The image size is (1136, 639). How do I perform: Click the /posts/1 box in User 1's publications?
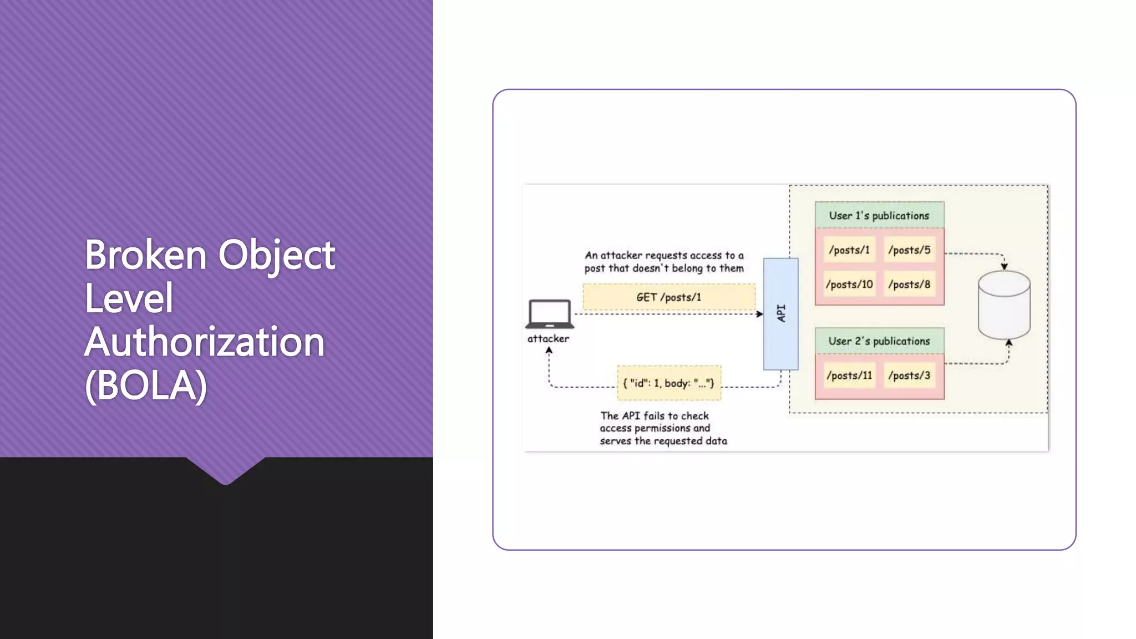pyautogui.click(x=849, y=250)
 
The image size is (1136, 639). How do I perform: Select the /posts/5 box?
pyautogui.click(x=909, y=250)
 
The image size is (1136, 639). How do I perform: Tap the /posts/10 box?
pyautogui.click(x=849, y=285)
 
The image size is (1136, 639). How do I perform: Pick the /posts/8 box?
pyautogui.click(x=909, y=285)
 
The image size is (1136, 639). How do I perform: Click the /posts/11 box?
pyautogui.click(x=849, y=376)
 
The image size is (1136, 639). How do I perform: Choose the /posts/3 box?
pyautogui.click(x=909, y=376)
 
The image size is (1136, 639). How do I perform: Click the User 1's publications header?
pyautogui.click(x=879, y=215)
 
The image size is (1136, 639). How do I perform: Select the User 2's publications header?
pyautogui.click(x=879, y=341)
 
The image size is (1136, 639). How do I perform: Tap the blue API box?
pyautogui.click(x=780, y=313)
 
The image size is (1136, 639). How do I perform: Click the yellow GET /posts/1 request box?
pyautogui.click(x=668, y=297)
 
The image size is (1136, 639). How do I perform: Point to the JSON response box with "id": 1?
pyautogui.click(x=669, y=383)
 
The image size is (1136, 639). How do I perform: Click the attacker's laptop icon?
pyautogui.click(x=549, y=314)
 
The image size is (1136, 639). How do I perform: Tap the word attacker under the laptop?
pyautogui.click(x=548, y=338)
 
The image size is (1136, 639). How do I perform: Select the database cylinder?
pyautogui.click(x=1004, y=305)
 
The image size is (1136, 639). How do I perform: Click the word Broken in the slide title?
pyautogui.click(x=145, y=255)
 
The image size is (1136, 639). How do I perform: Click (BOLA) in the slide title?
pyautogui.click(x=145, y=385)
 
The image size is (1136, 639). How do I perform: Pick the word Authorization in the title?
pyautogui.click(x=204, y=342)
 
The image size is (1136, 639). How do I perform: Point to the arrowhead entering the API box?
pyautogui.click(x=759, y=314)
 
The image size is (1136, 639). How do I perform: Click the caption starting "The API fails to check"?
pyautogui.click(x=663, y=428)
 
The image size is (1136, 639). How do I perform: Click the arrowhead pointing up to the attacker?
pyautogui.click(x=549, y=351)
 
